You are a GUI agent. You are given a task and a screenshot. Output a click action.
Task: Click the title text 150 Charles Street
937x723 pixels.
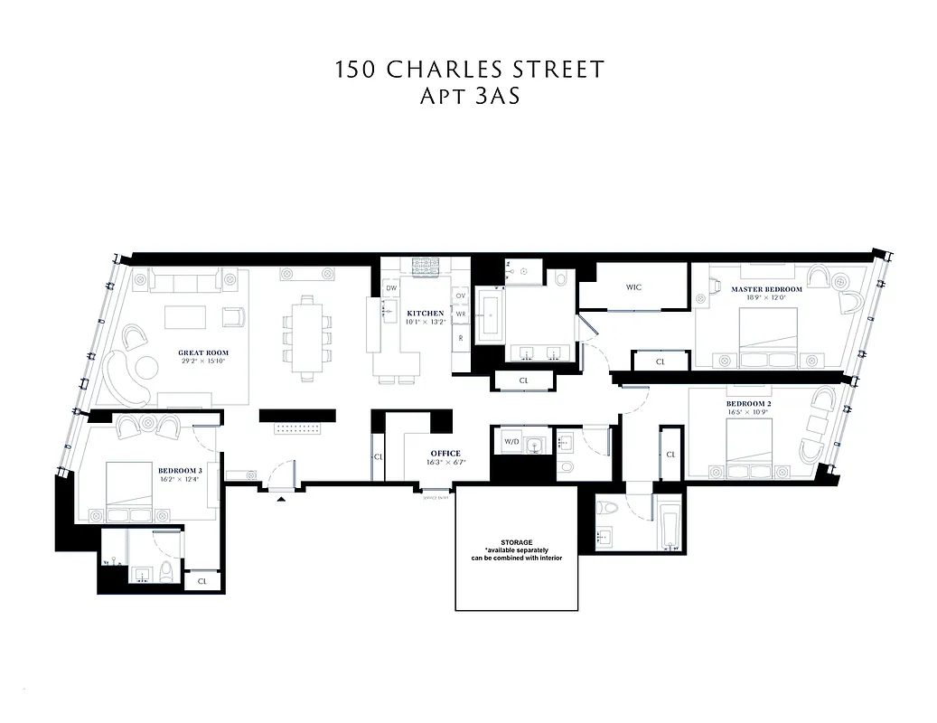(469, 70)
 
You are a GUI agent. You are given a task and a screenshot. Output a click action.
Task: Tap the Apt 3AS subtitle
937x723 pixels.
(469, 97)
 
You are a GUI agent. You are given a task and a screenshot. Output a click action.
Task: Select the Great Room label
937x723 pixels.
(203, 352)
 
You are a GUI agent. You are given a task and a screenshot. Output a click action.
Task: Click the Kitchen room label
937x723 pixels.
(425, 313)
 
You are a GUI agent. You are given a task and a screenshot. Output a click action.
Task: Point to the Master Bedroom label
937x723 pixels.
(765, 289)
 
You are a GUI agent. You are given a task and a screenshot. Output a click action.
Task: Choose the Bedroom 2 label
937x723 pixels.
(747, 403)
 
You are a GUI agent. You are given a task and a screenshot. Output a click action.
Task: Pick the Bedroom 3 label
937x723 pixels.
(180, 471)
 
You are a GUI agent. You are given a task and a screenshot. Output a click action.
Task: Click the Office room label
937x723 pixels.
(445, 454)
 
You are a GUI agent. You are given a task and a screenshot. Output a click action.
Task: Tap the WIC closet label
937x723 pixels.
(633, 287)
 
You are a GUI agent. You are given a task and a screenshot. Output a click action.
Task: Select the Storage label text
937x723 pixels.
(516, 542)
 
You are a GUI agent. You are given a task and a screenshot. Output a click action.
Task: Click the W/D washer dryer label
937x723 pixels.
(511, 442)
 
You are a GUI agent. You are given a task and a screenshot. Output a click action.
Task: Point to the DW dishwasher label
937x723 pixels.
(391, 288)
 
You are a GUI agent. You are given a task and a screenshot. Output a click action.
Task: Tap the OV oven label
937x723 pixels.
(460, 296)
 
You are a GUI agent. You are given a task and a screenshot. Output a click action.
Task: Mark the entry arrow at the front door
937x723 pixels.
(282, 497)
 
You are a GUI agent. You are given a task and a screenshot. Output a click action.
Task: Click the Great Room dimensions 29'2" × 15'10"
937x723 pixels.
(203, 361)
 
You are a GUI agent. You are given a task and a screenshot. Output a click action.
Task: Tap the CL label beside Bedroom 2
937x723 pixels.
(670, 454)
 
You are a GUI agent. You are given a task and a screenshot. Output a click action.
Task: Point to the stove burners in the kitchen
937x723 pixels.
(424, 267)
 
